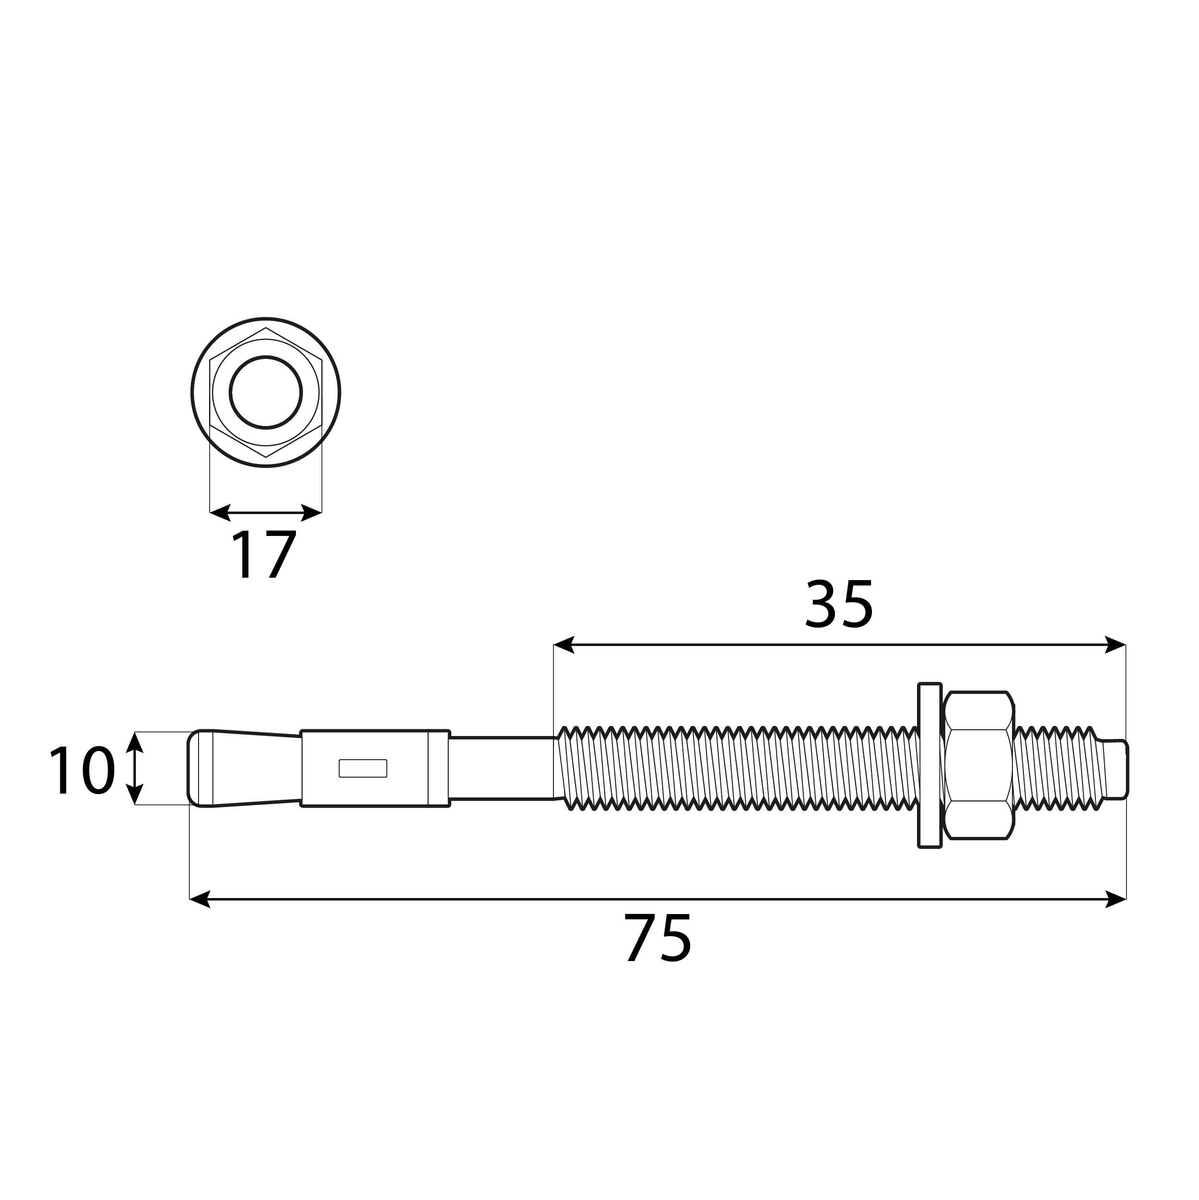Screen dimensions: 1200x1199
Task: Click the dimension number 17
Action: pyautogui.click(x=264, y=555)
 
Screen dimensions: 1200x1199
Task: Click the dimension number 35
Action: pyautogui.click(x=839, y=605)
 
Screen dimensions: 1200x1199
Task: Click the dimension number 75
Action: pyautogui.click(x=657, y=939)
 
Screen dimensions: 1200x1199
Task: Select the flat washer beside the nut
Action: pyautogui.click(x=929, y=765)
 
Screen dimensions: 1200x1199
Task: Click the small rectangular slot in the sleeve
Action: pyautogui.click(x=363, y=768)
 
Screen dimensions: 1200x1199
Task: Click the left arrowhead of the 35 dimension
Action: pyautogui.click(x=563, y=645)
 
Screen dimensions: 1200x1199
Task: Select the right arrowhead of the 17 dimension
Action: pyautogui.click(x=312, y=512)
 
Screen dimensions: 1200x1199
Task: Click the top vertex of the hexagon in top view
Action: pyautogui.click(x=266, y=328)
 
